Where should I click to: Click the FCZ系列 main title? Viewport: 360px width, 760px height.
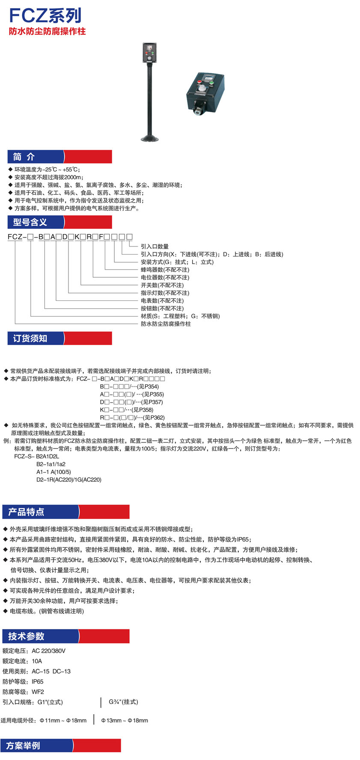coord(45,15)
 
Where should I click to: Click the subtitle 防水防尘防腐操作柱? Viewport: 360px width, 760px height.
coord(47,31)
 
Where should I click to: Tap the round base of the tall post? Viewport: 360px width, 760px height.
coord(150,138)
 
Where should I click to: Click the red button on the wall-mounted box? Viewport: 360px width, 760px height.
coord(199,81)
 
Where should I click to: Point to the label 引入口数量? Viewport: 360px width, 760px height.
coord(155,246)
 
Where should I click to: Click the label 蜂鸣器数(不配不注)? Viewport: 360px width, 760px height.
coord(165,270)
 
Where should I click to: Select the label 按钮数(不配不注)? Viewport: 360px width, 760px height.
coord(162,308)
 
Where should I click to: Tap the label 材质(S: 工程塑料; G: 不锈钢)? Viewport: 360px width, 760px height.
coord(180,316)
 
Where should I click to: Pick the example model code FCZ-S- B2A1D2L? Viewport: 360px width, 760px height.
coord(36,456)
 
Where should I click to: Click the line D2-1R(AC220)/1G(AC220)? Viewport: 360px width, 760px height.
coord(68,479)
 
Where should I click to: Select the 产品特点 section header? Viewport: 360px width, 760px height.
coord(26,512)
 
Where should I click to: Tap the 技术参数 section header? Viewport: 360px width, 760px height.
coord(26,636)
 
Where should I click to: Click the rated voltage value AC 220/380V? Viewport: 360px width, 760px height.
coord(48,651)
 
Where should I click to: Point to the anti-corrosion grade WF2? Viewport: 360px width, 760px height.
coord(38,692)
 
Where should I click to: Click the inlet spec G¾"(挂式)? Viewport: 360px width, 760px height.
coord(123,702)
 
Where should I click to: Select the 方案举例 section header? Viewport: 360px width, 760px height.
coord(23,745)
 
